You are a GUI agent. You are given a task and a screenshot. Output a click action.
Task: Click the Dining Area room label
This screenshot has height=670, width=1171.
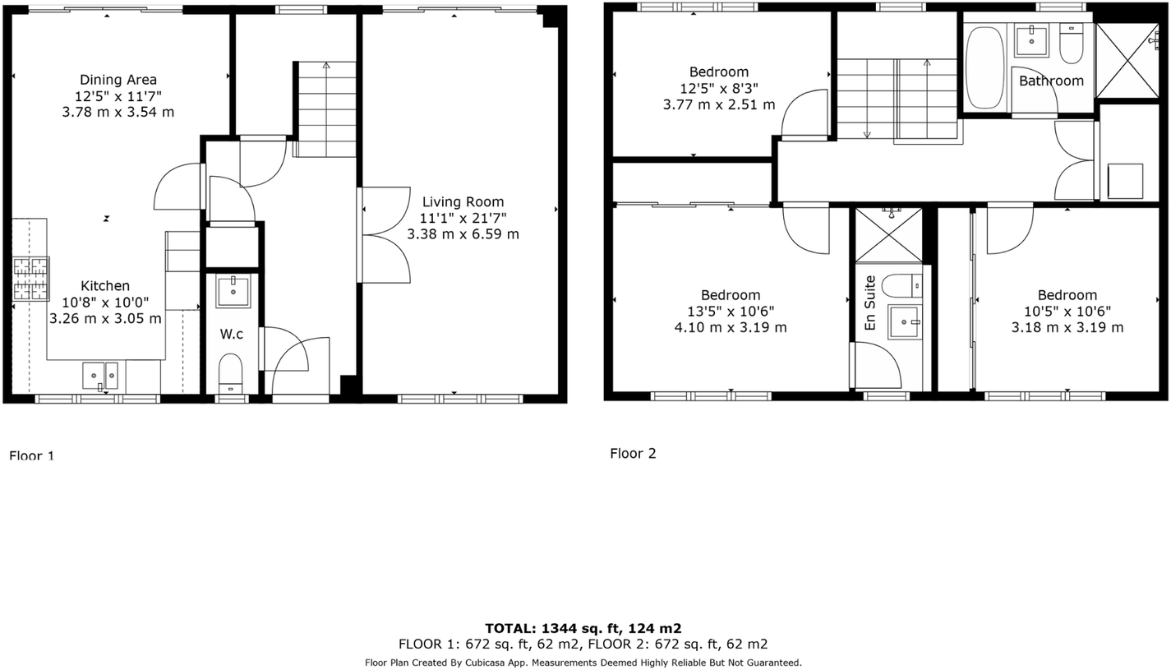click(118, 80)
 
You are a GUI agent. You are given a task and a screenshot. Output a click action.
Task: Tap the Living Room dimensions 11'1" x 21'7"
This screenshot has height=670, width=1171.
click(463, 218)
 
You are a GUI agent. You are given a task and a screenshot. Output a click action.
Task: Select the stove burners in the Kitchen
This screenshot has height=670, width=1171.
click(30, 279)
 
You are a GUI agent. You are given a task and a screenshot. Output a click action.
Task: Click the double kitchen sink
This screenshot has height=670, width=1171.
click(100, 375)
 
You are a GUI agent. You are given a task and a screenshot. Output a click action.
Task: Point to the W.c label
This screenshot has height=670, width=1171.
click(231, 334)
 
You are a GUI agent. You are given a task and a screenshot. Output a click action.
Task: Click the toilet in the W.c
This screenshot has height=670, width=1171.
click(231, 375)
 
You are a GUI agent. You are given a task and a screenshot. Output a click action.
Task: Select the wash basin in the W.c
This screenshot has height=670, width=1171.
click(233, 291)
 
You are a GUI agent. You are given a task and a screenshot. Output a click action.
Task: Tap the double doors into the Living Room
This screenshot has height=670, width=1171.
click(385, 235)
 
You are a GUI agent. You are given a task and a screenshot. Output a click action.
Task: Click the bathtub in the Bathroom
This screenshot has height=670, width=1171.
click(984, 67)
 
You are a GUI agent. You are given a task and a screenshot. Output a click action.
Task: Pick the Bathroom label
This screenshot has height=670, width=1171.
click(1051, 81)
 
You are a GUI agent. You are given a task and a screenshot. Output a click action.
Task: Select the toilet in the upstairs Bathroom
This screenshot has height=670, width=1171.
click(1071, 45)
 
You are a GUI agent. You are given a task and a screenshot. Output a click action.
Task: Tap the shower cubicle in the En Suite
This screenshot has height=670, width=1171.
click(888, 235)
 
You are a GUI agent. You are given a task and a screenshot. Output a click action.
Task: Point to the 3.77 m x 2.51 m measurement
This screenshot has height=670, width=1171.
click(718, 104)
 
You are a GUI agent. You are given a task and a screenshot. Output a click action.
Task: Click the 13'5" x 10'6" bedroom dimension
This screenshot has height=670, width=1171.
click(730, 311)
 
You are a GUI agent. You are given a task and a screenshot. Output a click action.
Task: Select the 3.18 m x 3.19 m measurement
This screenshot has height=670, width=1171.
click(1067, 327)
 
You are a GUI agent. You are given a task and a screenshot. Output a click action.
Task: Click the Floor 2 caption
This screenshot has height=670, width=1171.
click(633, 453)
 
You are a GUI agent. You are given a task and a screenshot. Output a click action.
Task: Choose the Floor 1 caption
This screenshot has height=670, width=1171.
click(31, 455)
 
